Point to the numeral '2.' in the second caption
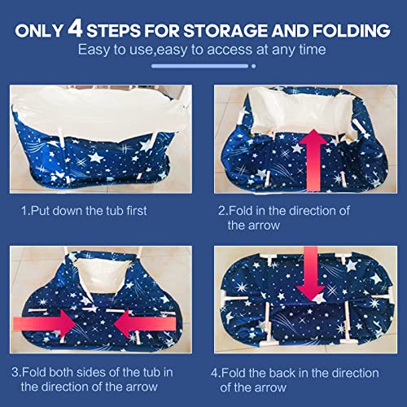point(222,211)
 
